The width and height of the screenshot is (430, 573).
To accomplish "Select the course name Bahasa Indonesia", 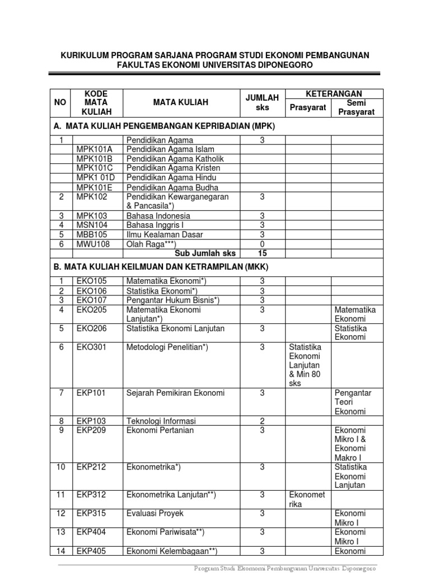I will point(158,215).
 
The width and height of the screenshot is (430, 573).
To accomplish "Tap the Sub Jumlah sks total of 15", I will point(262,253).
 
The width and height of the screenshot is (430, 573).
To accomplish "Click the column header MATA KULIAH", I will point(181,102).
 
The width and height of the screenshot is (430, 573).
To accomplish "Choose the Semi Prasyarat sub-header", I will point(356,107).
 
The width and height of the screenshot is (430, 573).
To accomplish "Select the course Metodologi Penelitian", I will point(167,347).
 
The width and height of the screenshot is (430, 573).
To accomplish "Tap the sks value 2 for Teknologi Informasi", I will point(262,421).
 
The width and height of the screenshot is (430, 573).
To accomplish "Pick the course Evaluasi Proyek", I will point(155,513).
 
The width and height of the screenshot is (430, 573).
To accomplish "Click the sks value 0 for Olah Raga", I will point(262,244).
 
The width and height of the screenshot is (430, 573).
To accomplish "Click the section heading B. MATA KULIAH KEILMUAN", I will point(166,267).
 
